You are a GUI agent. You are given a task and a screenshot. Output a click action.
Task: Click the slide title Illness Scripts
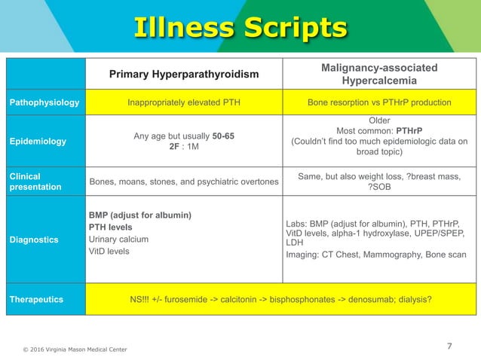[240, 28]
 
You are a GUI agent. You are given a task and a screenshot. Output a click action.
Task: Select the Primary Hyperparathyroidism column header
[184, 74]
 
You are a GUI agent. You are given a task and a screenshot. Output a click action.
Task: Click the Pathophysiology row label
[44, 102]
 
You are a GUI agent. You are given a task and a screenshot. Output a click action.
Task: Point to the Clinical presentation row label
[35, 182]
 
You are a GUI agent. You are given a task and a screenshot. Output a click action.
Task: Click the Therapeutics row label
[35, 299]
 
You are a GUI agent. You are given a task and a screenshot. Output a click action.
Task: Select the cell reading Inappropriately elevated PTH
[184, 102]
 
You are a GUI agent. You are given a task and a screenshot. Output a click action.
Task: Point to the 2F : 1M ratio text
[184, 147]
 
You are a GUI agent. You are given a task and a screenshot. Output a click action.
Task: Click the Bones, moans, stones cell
[183, 182]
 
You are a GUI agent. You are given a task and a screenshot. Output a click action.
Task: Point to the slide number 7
[449, 346]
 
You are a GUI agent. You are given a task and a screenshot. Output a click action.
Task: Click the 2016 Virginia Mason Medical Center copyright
[73, 349]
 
